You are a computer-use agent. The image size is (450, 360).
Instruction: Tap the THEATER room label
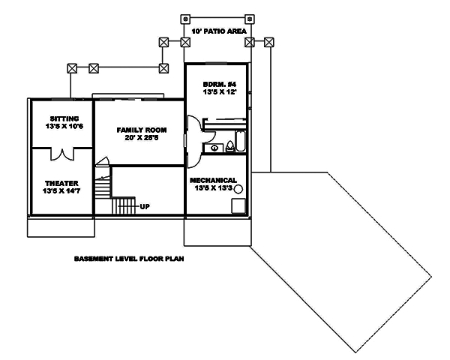(59, 183)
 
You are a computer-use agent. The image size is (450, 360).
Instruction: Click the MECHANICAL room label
(214, 180)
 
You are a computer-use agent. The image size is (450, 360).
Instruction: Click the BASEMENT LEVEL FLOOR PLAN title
(129, 259)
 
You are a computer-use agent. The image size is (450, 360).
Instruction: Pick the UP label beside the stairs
(145, 205)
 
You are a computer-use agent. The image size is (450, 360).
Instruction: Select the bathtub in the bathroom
(238, 140)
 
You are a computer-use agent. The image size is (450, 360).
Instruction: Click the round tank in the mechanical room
(238, 202)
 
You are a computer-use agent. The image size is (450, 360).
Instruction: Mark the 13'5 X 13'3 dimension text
(214, 189)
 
